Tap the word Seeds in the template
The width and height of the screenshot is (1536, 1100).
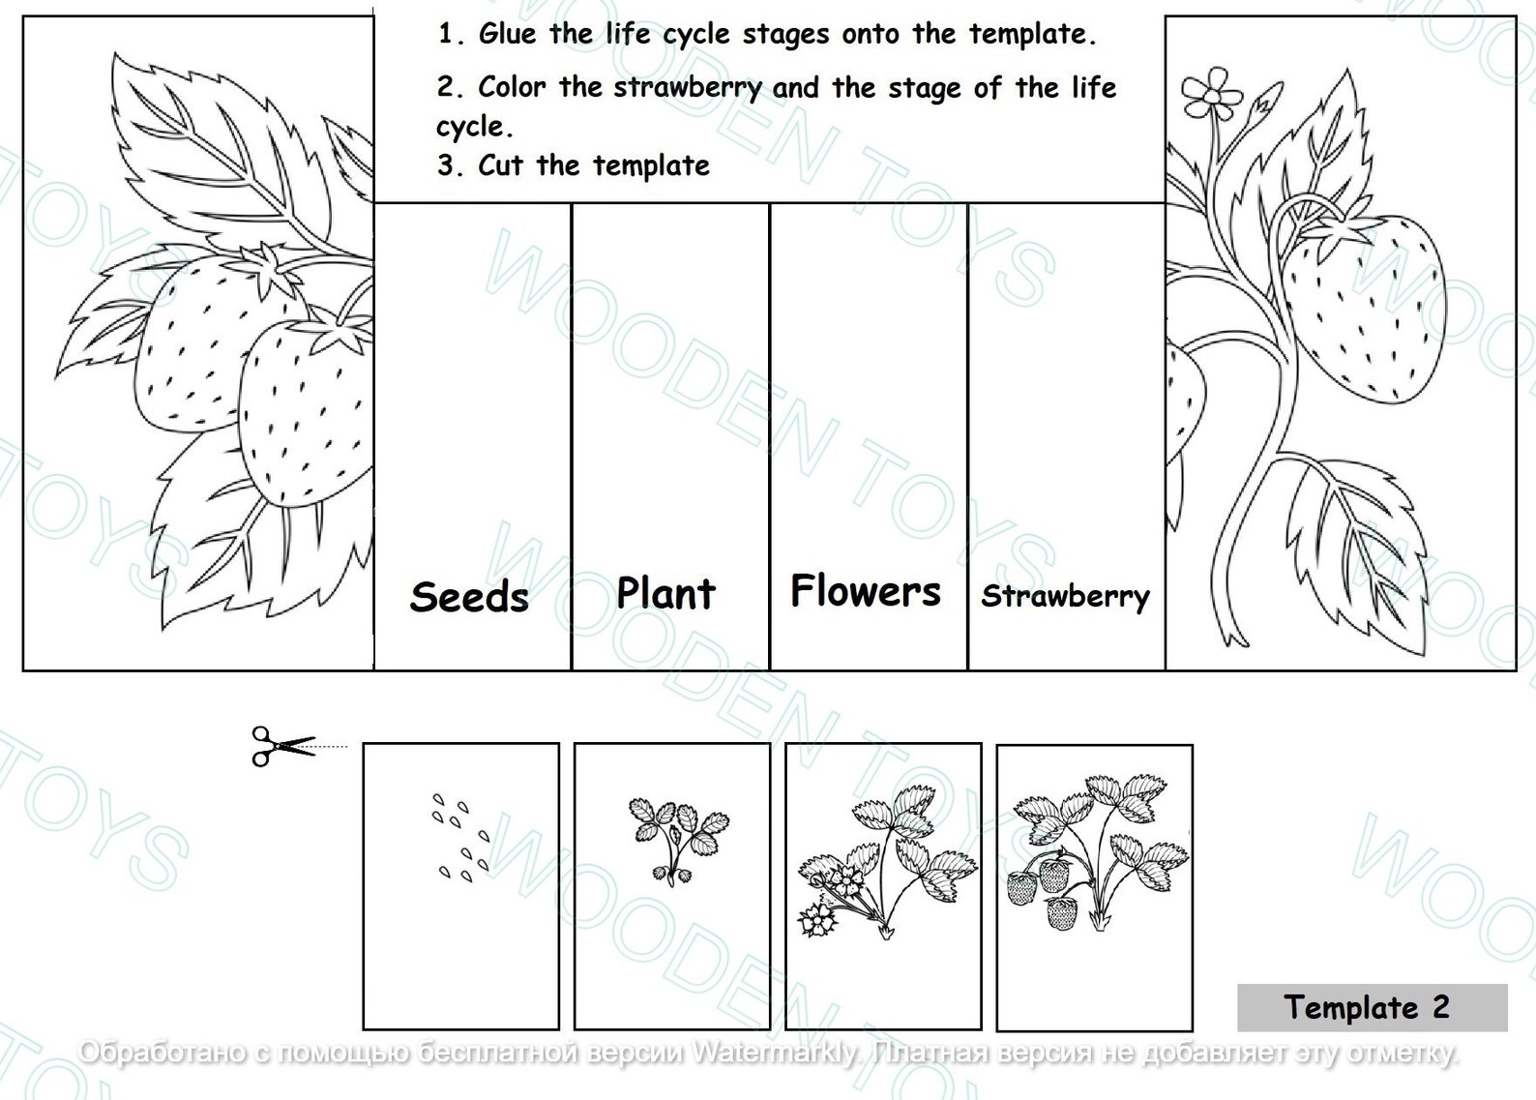pyautogui.click(x=469, y=597)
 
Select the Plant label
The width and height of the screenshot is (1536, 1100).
pyautogui.click(x=665, y=593)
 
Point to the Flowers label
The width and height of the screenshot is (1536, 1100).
pyautogui.click(x=865, y=591)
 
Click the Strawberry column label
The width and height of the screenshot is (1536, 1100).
pyautogui.click(x=1065, y=596)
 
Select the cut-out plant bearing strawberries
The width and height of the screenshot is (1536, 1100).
pyautogui.click(x=1094, y=851)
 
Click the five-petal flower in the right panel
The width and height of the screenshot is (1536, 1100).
pyautogui.click(x=1210, y=91)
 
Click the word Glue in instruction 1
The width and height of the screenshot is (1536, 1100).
pyautogui.click(x=507, y=35)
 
